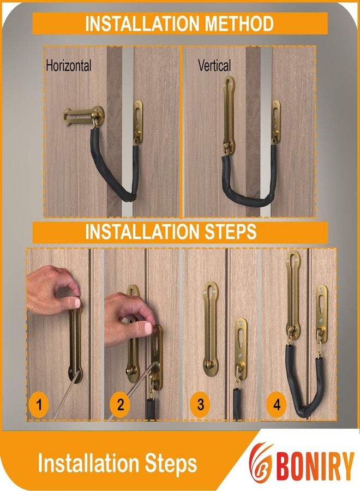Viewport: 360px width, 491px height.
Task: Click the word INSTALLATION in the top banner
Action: [139, 24]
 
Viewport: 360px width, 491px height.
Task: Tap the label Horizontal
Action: [68, 66]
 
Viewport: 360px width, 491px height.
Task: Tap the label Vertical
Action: [214, 65]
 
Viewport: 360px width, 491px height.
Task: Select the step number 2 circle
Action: [120, 405]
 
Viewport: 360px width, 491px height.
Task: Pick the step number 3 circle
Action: [201, 405]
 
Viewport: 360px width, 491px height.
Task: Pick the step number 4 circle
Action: [277, 405]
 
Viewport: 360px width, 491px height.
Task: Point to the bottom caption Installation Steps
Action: [117, 463]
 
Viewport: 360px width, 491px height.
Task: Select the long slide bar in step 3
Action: [211, 327]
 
